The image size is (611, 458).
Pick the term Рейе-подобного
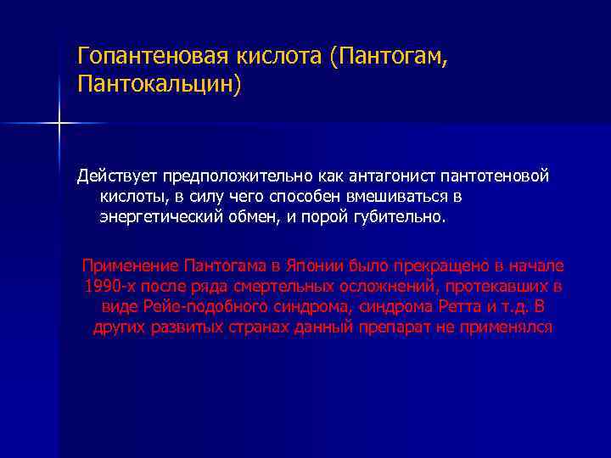point(195,305)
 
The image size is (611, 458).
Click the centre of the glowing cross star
point(59,124)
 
